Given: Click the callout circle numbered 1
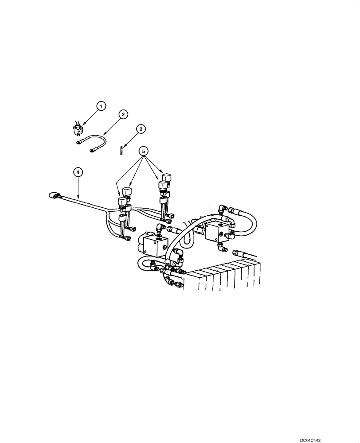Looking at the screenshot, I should [x=102, y=106].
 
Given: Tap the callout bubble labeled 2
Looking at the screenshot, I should [x=123, y=114].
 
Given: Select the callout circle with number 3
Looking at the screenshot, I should [x=141, y=129].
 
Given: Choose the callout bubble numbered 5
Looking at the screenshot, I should [x=143, y=150].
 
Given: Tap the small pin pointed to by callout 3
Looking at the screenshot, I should [x=121, y=151].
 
